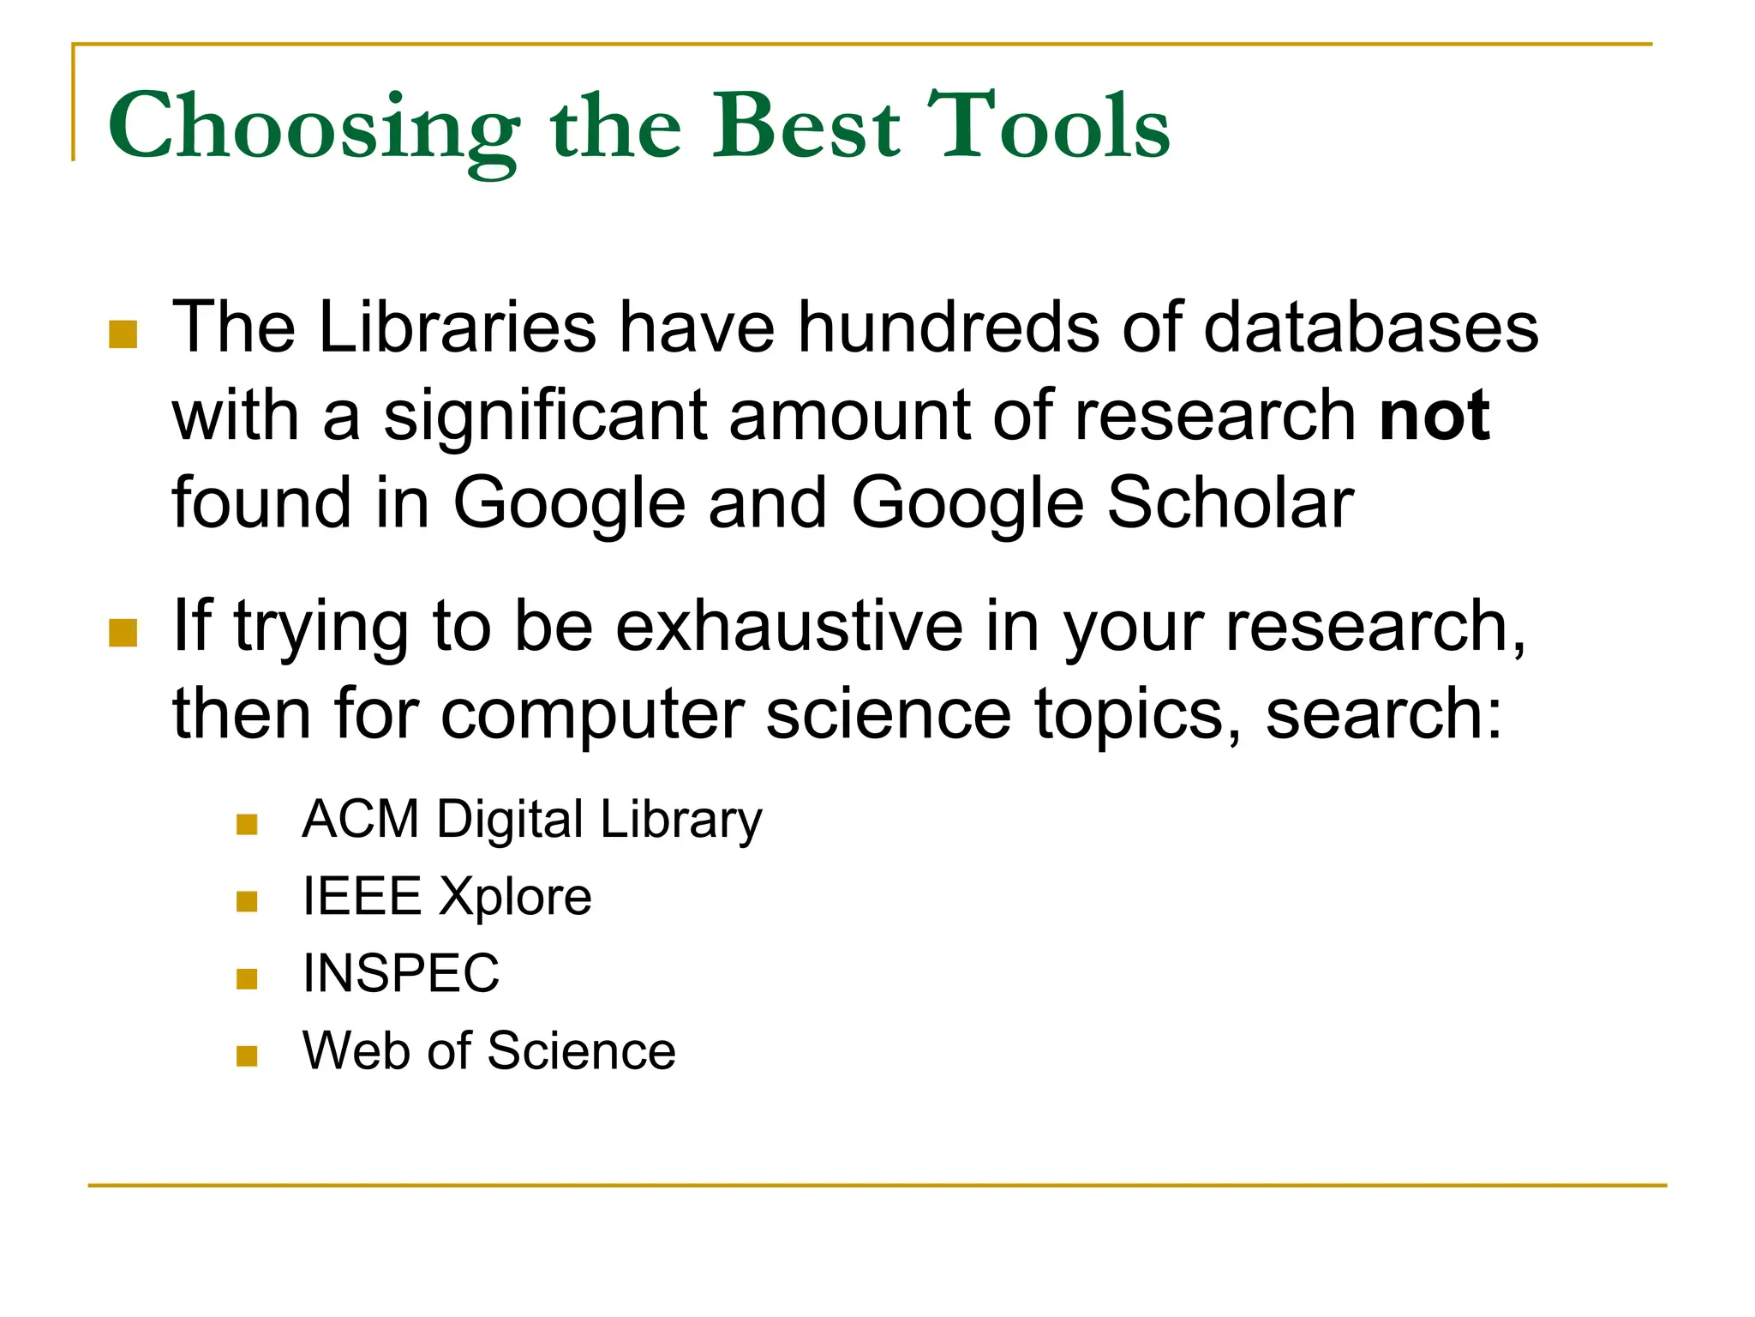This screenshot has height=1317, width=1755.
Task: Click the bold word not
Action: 1435,416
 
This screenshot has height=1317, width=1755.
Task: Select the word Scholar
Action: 1231,502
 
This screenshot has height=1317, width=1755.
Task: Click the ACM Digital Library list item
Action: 531,820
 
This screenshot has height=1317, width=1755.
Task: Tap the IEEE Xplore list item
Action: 446,897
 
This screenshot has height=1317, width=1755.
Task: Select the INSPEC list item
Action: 400,973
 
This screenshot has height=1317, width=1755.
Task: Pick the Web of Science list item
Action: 488,1050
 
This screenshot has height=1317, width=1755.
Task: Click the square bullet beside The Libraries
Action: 123,334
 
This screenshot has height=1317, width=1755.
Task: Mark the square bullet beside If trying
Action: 123,633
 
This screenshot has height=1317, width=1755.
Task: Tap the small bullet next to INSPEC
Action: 247,978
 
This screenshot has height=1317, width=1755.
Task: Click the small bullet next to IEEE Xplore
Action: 247,901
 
